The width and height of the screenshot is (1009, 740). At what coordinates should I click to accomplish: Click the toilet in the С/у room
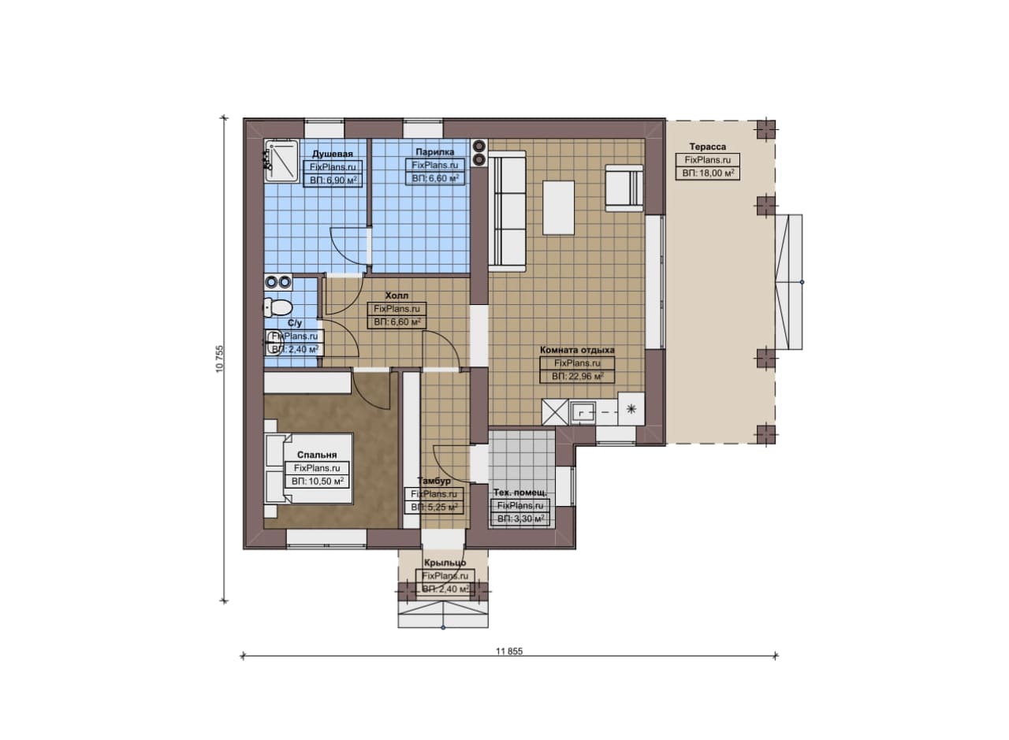(277, 307)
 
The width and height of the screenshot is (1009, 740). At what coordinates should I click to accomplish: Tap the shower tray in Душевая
(281, 161)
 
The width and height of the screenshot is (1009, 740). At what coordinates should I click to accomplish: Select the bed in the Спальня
(308, 468)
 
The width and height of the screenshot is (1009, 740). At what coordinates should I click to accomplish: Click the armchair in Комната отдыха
(624, 188)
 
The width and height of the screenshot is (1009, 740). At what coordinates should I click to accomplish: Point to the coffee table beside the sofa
(559, 207)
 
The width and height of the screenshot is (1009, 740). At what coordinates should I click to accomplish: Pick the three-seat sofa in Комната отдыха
(507, 211)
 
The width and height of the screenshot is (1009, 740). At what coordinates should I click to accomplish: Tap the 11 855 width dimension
(509, 651)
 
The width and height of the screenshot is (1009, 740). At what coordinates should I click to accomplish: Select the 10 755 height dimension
(219, 359)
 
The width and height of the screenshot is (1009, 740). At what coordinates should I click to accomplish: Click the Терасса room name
(708, 147)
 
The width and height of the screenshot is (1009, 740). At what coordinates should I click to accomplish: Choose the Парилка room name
(434, 152)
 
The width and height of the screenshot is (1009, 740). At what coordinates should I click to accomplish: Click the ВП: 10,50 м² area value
(318, 482)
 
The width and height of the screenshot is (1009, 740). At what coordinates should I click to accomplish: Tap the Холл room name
(397, 296)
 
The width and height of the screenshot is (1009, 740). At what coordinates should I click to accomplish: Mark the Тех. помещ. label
(520, 493)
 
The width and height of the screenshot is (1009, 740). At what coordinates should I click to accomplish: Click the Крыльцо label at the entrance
(445, 563)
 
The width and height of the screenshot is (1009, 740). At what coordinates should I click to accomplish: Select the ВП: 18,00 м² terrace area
(708, 173)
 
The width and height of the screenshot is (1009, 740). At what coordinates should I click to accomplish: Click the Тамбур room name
(434, 481)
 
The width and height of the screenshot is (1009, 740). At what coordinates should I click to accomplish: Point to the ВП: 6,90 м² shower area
(333, 180)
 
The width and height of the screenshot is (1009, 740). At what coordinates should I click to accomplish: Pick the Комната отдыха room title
(577, 350)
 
